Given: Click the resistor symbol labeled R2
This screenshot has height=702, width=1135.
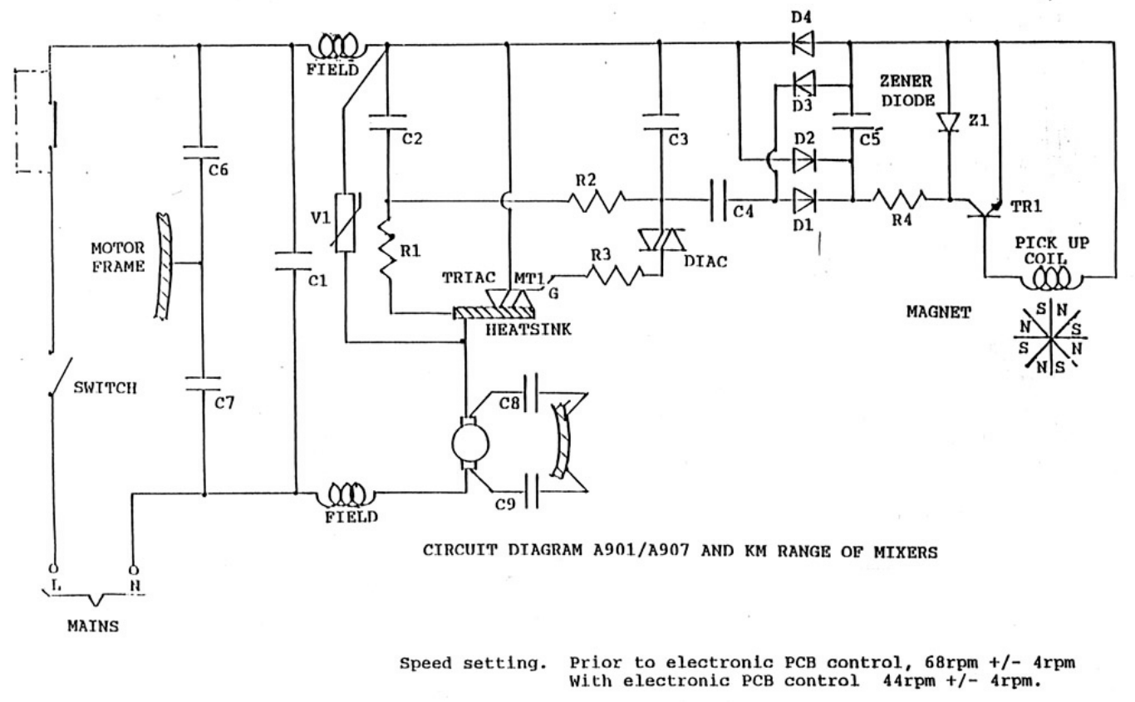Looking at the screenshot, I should [596, 200].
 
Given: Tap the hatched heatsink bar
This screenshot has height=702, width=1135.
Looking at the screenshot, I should [494, 312].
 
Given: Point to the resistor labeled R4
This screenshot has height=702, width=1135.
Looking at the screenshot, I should [899, 199].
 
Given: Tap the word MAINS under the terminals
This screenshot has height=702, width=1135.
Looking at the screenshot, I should [91, 627].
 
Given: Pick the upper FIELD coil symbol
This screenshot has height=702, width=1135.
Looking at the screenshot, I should [336, 43].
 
